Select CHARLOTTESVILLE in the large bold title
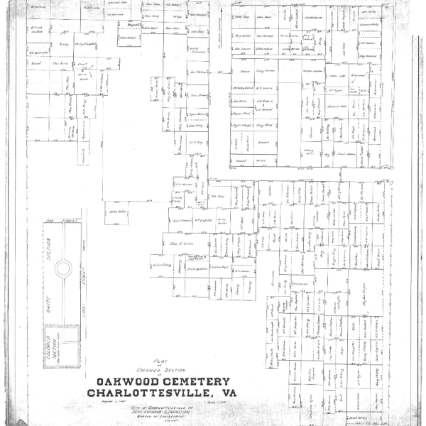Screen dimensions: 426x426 tap(146, 393)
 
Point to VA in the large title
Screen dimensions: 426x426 tap(226, 393)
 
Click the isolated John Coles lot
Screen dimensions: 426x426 tap(118, 212)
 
